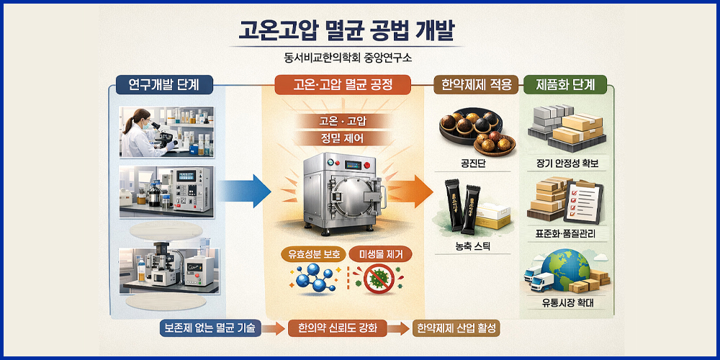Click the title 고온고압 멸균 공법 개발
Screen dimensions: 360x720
click(347, 32)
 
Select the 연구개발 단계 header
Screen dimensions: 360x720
click(158, 84)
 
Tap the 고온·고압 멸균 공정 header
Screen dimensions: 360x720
click(343, 84)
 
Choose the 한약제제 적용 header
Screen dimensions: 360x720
click(475, 84)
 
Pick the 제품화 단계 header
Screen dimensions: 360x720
click(566, 84)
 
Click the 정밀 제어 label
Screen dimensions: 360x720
click(343, 137)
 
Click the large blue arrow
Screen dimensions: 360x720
click(243, 191)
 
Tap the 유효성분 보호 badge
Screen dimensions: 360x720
click(311, 253)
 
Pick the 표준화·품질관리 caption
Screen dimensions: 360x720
click(566, 234)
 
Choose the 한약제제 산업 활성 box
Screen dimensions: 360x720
click(458, 328)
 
